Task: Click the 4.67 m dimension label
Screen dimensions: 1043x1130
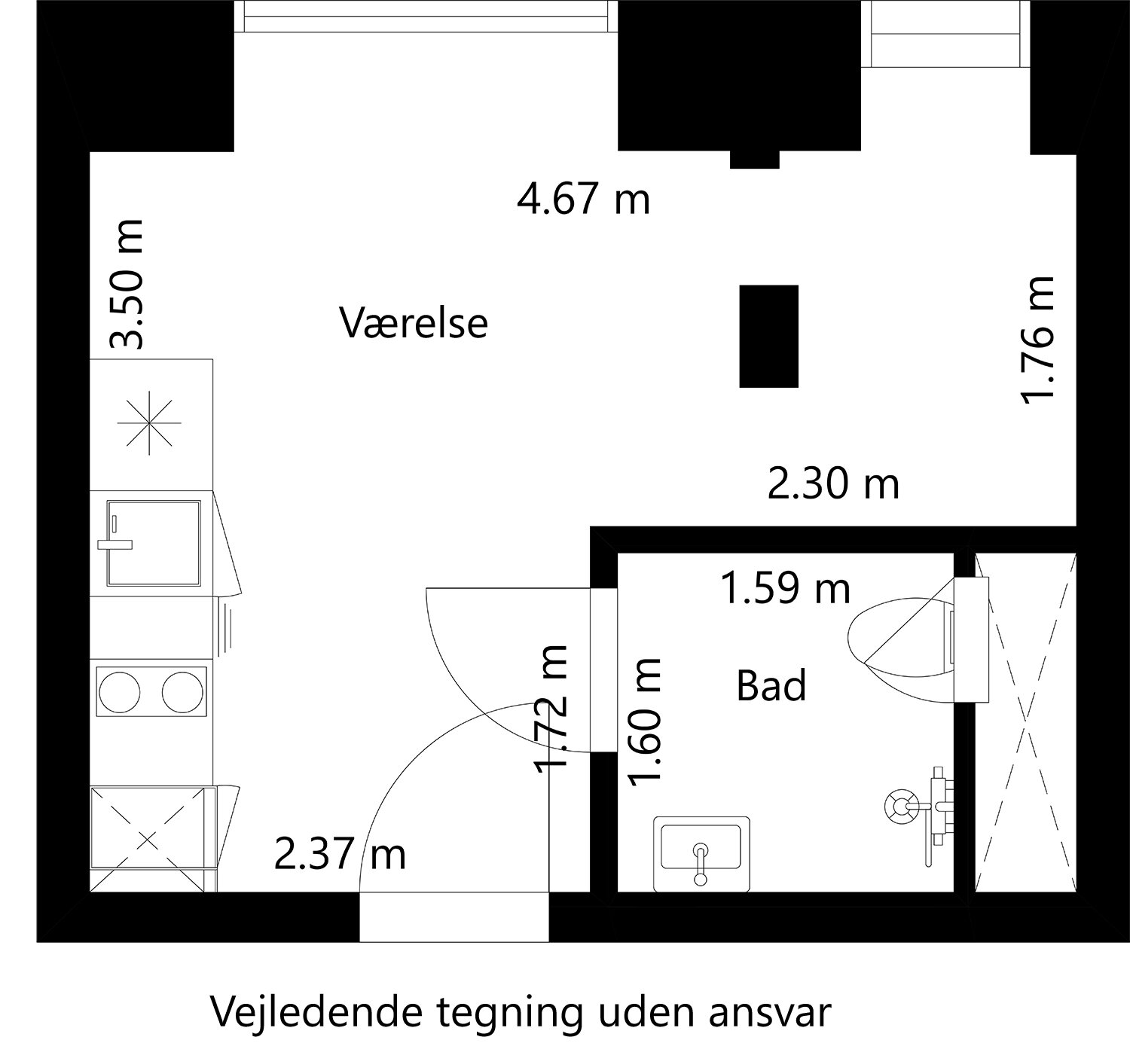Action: coord(583,200)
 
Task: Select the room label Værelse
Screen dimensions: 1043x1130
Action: coord(414,322)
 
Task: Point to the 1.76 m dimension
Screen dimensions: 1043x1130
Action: coord(1037,340)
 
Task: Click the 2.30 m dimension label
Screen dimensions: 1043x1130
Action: coord(833,483)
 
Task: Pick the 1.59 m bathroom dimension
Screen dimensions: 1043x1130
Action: coord(786,588)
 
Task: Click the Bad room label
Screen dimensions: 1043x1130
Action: coord(771,686)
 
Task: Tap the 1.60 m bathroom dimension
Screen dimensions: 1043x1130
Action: coord(646,721)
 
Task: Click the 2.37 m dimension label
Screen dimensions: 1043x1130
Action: coord(340,855)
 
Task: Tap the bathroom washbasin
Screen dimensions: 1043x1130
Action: coord(701,852)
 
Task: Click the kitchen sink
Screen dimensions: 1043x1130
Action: coord(154,542)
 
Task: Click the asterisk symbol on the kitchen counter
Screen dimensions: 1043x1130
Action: coord(149,423)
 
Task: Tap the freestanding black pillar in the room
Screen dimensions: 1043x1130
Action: coord(768,336)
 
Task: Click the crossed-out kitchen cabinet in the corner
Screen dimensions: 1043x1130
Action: coord(149,838)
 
